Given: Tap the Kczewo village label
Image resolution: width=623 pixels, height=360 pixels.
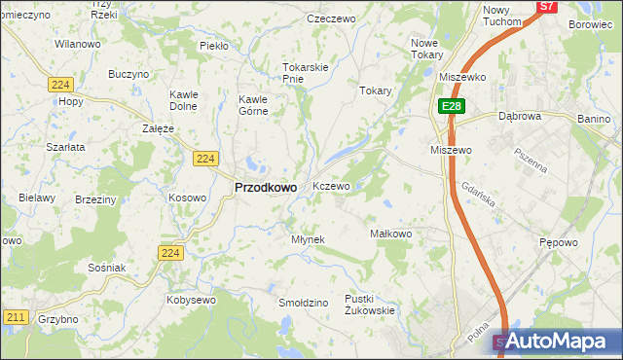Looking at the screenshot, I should pyautogui.click(x=331, y=186).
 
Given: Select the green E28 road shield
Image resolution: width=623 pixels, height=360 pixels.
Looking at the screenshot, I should pyautogui.click(x=450, y=106).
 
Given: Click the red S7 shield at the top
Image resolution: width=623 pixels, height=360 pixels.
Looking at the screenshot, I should pyautogui.click(x=547, y=6).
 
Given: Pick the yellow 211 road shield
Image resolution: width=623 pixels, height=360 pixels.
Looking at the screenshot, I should pyautogui.click(x=15, y=317).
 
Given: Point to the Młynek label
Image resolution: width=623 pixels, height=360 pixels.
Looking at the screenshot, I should pyautogui.click(x=308, y=239).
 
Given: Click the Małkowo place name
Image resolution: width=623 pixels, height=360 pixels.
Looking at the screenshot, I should pyautogui.click(x=392, y=234).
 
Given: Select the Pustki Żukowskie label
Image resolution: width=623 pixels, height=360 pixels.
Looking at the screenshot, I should pyautogui.click(x=370, y=305).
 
